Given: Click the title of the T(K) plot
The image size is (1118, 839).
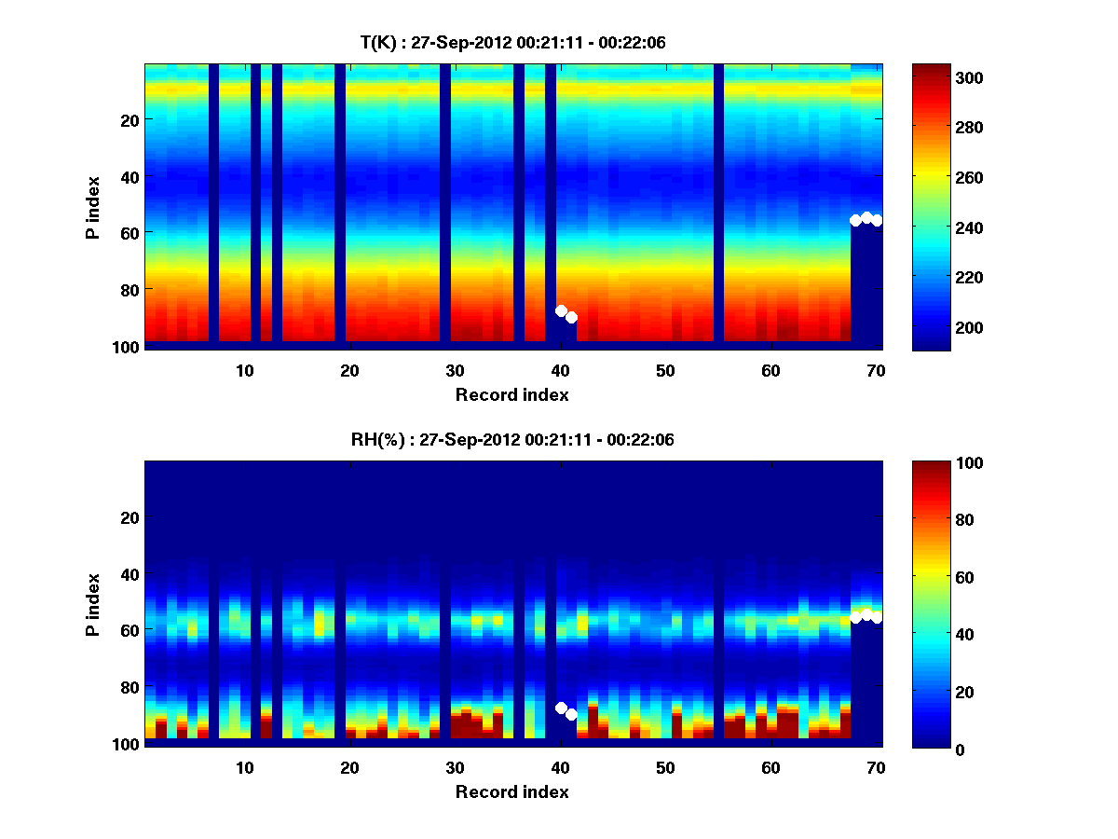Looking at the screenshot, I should click(x=512, y=43).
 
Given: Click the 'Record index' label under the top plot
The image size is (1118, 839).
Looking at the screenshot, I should click(x=512, y=395).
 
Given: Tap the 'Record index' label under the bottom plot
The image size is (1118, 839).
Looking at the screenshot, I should click(x=512, y=792).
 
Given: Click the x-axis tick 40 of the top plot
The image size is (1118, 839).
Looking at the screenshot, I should click(x=560, y=370).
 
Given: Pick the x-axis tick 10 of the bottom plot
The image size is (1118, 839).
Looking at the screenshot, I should click(x=244, y=767).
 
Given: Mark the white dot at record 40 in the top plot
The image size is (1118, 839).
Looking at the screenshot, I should click(x=561, y=310).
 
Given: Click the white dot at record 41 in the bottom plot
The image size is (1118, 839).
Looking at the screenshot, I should click(x=571, y=714).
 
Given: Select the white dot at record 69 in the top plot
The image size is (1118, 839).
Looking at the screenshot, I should click(x=866, y=217).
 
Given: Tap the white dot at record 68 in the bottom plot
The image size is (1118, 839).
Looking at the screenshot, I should click(x=855, y=617).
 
